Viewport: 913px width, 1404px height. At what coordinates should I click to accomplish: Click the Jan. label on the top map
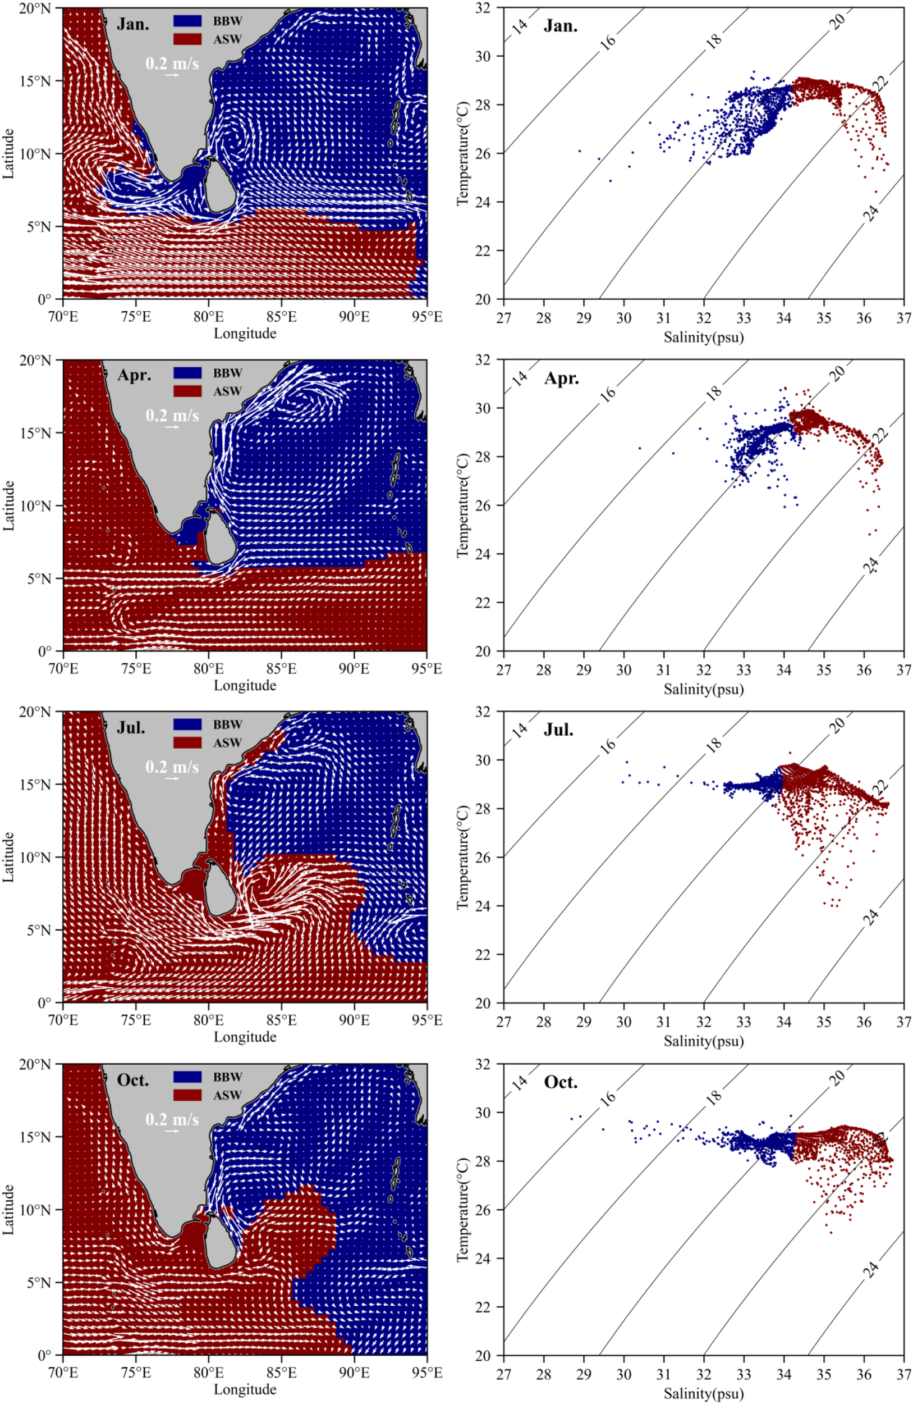132,24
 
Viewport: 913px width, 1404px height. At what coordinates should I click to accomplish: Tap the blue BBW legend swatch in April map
187,373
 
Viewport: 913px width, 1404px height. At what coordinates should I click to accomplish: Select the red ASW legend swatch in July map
187,742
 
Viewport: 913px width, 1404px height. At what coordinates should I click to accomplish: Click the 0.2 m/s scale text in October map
172,1119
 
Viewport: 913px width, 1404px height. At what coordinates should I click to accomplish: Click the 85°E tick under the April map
281,668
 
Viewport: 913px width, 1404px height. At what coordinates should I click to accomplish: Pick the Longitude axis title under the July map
245,1037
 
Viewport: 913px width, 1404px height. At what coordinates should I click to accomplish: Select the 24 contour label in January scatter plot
871,212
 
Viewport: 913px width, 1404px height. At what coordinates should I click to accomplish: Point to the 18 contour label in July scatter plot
713,745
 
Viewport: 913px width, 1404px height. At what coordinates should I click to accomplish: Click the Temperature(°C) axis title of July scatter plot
463,857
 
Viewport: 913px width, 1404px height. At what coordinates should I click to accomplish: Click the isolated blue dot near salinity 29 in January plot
579,151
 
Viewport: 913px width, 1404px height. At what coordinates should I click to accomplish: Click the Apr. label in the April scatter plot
561,378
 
